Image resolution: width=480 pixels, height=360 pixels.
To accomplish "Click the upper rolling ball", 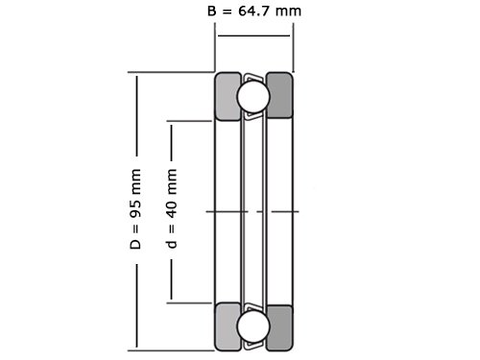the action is (x=253, y=96).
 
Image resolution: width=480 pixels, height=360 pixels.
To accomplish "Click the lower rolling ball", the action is (x=253, y=326).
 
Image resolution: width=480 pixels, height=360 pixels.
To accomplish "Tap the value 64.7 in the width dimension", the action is (x=253, y=12).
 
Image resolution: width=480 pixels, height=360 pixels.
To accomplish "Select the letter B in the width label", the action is (x=212, y=12).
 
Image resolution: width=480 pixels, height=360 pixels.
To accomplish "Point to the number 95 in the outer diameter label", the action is (x=135, y=208).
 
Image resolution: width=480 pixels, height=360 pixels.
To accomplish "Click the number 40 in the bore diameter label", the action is (x=172, y=209).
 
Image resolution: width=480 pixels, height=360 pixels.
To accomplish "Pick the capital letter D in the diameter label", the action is (x=135, y=244).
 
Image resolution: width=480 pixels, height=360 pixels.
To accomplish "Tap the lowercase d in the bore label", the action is (x=172, y=244).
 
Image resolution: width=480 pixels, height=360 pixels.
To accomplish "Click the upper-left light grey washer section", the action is (x=228, y=96).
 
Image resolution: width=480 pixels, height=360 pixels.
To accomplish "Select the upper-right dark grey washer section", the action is (x=279, y=96).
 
